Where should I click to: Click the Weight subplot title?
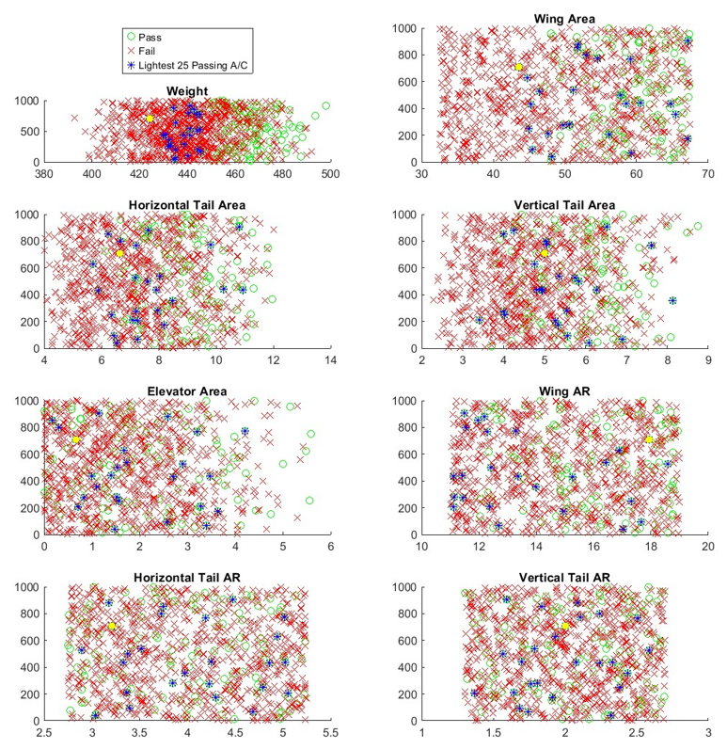point(187,90)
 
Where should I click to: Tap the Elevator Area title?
point(187,391)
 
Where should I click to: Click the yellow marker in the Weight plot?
point(150,119)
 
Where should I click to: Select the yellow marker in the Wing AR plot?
point(649,439)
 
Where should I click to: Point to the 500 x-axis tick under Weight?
point(330,173)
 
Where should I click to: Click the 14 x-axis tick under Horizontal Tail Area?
point(330,359)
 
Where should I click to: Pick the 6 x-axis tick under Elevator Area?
point(330,546)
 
